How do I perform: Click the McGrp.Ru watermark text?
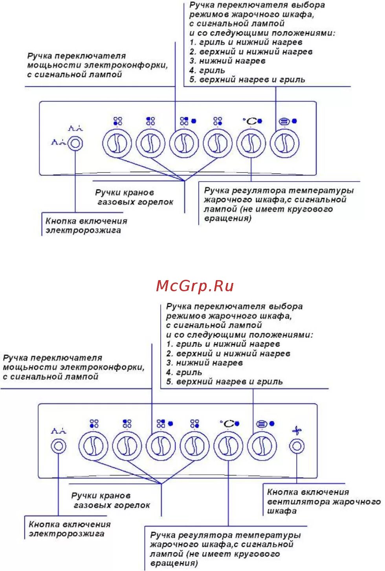195,286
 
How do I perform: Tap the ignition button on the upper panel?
75,143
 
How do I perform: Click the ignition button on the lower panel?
59,446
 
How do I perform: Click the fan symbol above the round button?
297,431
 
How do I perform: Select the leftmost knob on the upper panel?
117,143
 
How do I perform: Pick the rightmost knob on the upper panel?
285,143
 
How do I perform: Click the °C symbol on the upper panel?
250,121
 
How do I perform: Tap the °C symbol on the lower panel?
227,424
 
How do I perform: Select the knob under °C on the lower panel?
228,446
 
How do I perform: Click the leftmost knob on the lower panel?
93,446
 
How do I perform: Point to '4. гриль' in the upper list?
207,71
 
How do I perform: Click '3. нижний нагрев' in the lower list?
204,363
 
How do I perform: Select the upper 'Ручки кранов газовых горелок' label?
134,197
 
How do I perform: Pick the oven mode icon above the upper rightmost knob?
284,121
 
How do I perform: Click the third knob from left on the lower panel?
161,446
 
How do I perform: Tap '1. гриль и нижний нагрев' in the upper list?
246,42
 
